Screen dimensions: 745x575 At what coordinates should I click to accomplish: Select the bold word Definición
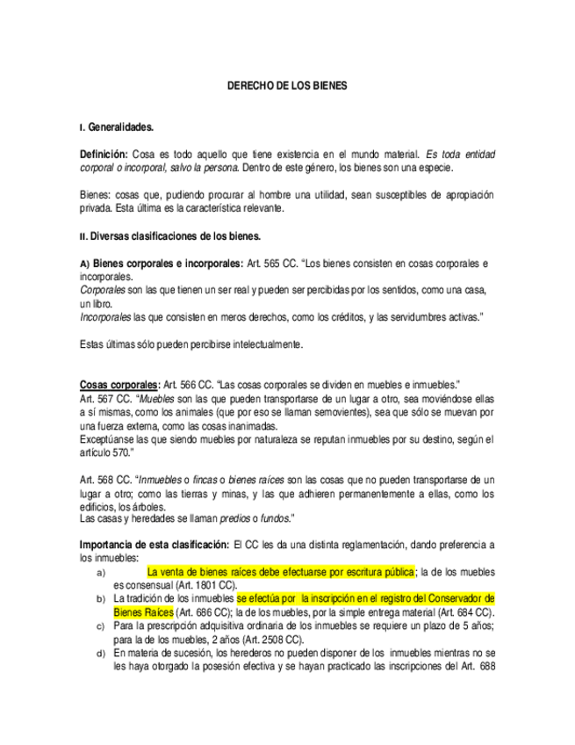click(104, 154)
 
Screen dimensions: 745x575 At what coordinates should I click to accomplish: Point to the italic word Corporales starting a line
click(102, 289)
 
